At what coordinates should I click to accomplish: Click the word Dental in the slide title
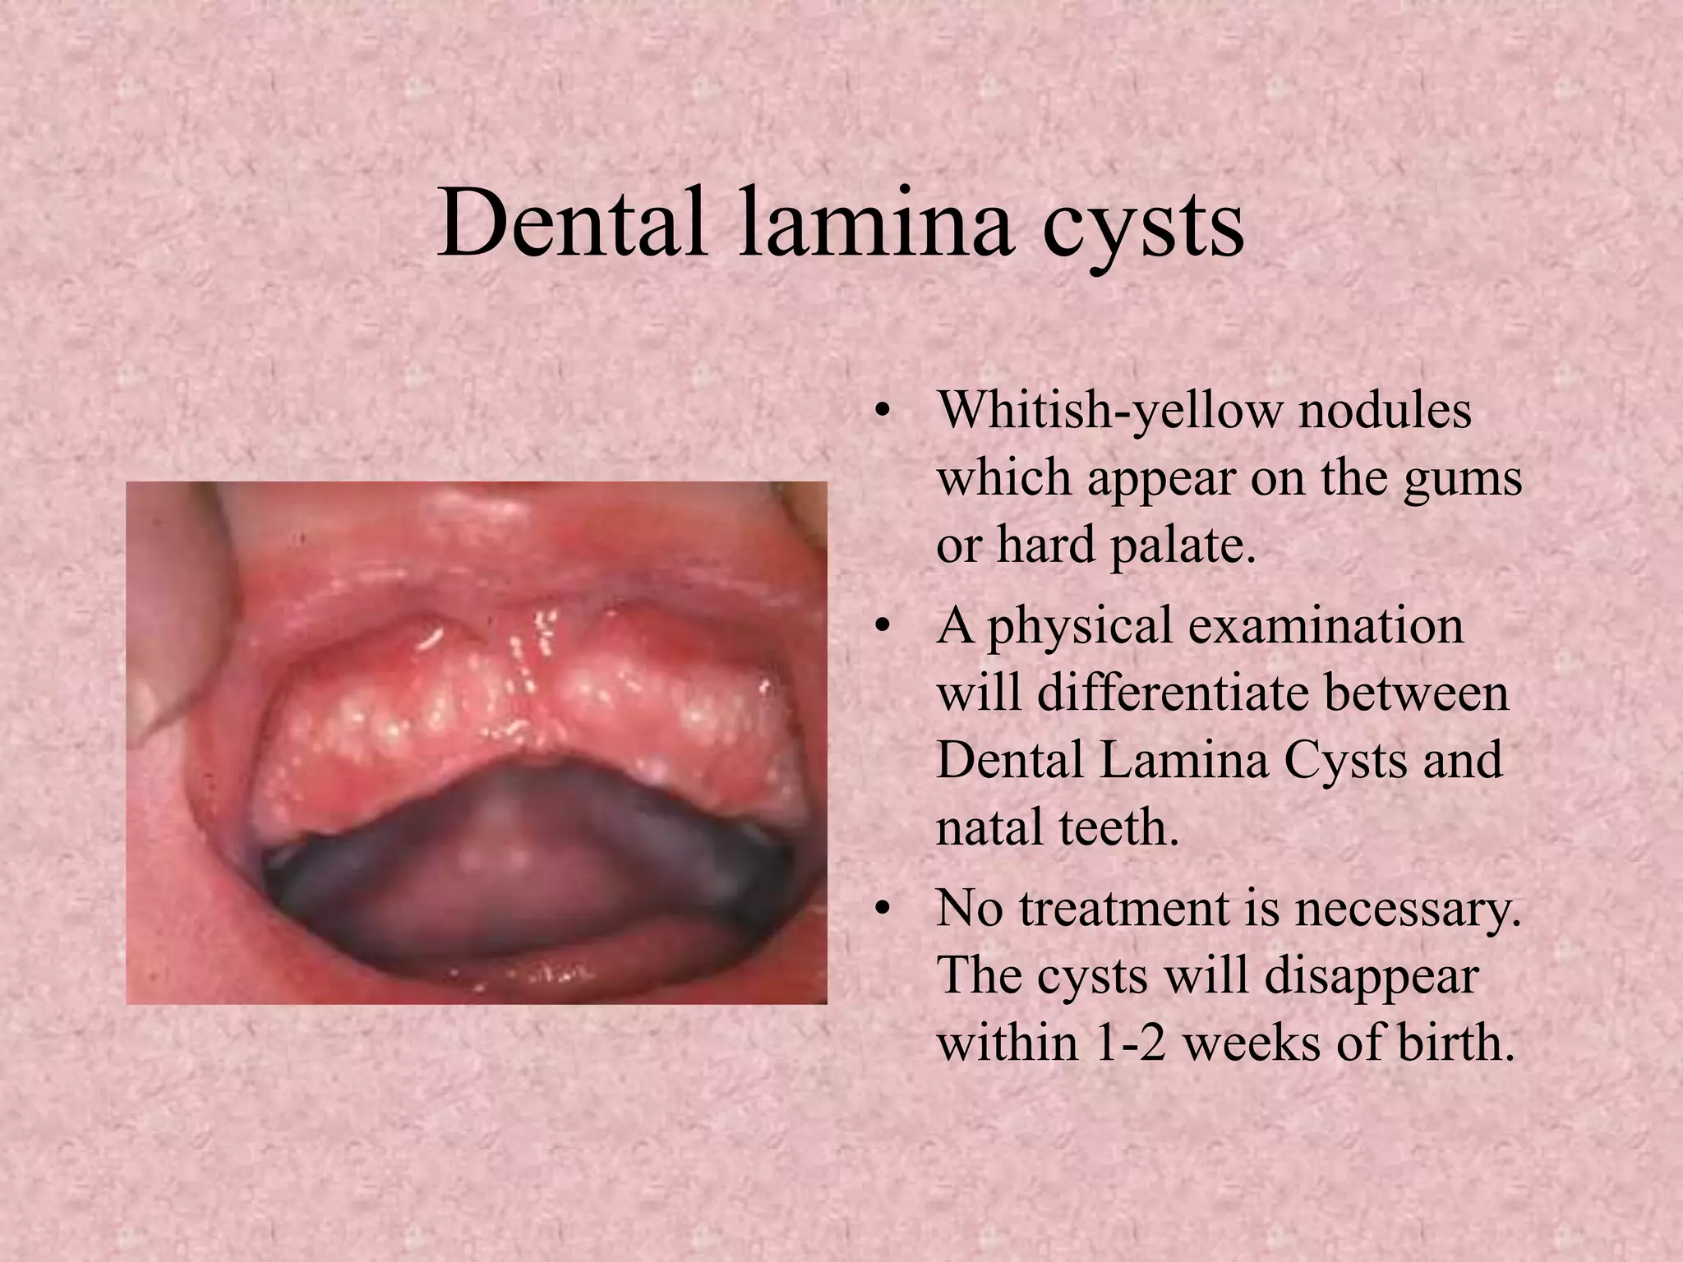click(572, 223)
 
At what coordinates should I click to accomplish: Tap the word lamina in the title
click(875, 223)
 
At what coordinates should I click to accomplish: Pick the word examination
click(1326, 625)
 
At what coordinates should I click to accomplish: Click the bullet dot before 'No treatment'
click(882, 910)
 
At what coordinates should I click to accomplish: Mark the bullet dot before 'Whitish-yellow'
click(882, 411)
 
